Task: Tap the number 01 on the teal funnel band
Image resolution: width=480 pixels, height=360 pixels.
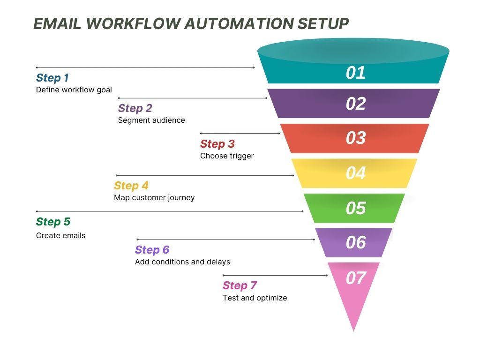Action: [x=355, y=73]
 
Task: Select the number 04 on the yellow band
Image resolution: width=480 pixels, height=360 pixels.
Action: [x=355, y=173]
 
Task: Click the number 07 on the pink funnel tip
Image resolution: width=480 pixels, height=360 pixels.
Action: [x=355, y=278]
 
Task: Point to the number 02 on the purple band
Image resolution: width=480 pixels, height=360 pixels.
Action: [x=355, y=104]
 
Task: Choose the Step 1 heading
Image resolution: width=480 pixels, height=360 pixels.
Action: [x=52, y=78]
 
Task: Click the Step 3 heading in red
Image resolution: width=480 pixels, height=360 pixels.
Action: [x=217, y=144]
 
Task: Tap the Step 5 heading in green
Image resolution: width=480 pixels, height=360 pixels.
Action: [x=53, y=222]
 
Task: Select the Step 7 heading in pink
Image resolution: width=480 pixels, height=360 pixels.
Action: [x=240, y=285]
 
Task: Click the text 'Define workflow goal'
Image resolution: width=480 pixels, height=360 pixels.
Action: [x=74, y=90]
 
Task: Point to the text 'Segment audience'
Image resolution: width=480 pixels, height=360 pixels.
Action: [x=151, y=120]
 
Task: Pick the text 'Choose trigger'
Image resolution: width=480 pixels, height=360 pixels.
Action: [x=227, y=156]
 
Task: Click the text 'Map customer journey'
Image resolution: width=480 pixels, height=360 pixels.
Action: [x=154, y=198]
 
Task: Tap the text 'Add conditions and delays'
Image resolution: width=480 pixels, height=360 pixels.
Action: [x=182, y=262]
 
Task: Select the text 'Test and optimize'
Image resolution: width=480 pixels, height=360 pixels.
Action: [x=255, y=298]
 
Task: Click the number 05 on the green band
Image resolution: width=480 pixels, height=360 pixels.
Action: [x=355, y=208]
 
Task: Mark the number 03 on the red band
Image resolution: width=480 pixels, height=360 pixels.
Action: [x=355, y=138]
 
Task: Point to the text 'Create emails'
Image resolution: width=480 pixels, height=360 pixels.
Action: [x=61, y=236]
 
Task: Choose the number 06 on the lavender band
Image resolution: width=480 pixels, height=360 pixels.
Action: [x=355, y=242]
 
